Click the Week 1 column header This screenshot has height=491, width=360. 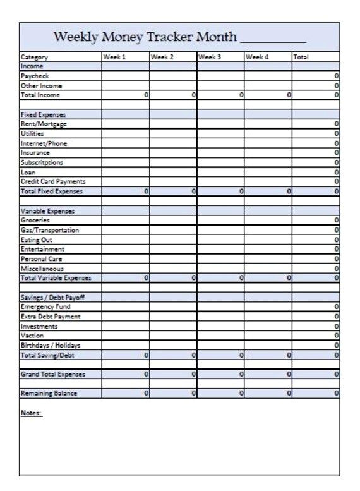(x=114, y=57)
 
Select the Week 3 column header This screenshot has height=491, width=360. (x=209, y=57)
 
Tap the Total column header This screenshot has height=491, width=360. (x=301, y=57)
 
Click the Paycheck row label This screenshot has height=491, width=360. (x=35, y=76)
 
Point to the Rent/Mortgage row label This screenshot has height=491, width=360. (x=44, y=124)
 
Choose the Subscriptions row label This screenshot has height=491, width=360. (x=43, y=162)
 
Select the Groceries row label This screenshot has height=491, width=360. (x=35, y=221)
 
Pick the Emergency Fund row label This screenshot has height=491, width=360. (x=45, y=306)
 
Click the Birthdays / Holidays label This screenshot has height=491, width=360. (x=51, y=345)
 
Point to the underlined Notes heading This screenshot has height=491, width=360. (x=31, y=413)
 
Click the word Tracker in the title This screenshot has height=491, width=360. (x=169, y=37)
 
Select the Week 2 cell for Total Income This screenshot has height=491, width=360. (x=173, y=95)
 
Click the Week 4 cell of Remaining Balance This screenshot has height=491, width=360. (x=268, y=393)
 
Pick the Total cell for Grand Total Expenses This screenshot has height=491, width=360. (x=315, y=374)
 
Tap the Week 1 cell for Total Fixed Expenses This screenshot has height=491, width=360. (x=126, y=191)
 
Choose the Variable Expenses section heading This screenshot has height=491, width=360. (x=47, y=211)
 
